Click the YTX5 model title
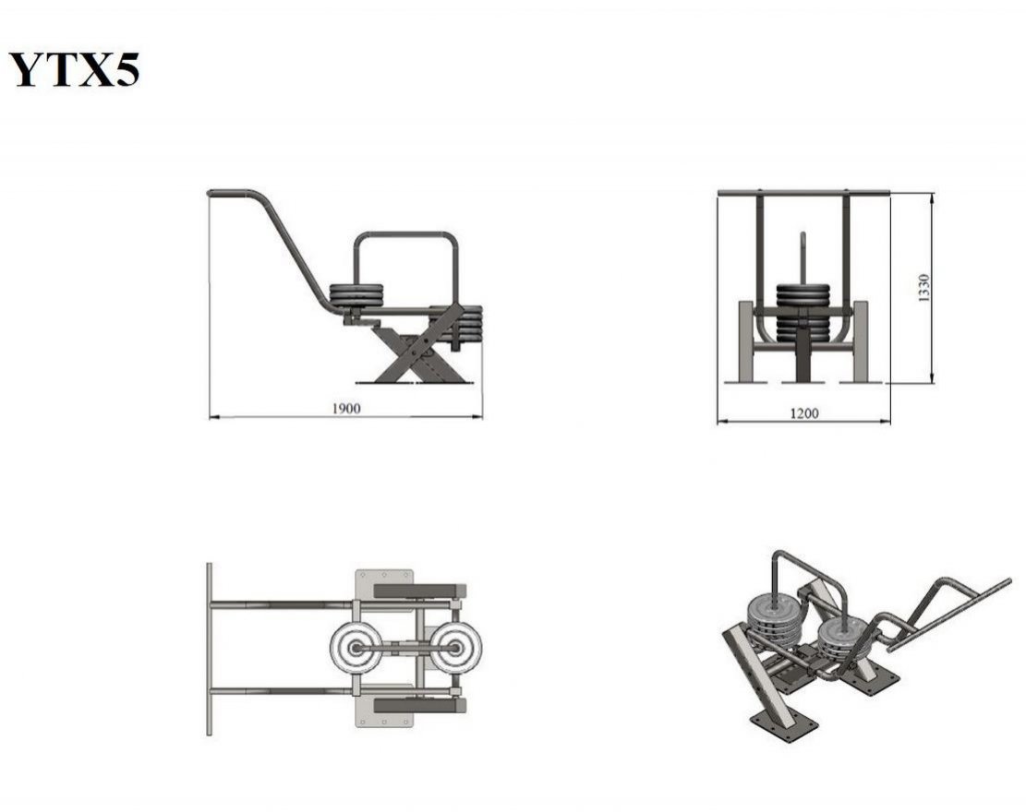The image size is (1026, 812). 74,69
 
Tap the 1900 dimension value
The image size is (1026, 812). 346,409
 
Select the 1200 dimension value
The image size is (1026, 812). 803,413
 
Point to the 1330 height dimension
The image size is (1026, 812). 923,288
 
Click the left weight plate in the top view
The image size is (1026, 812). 356,648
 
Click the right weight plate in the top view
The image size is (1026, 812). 455,648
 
